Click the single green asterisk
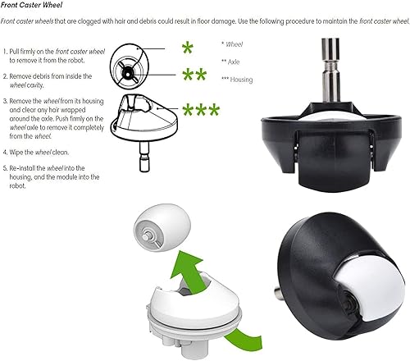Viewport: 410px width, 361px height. tap(188, 47)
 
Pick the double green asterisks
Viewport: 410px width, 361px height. tap(194, 76)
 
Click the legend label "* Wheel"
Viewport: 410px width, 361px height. tap(235, 43)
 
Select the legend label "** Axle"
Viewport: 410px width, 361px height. tap(235, 62)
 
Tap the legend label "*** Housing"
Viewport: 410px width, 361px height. tap(239, 80)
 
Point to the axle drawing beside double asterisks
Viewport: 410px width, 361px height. tap(130, 74)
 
